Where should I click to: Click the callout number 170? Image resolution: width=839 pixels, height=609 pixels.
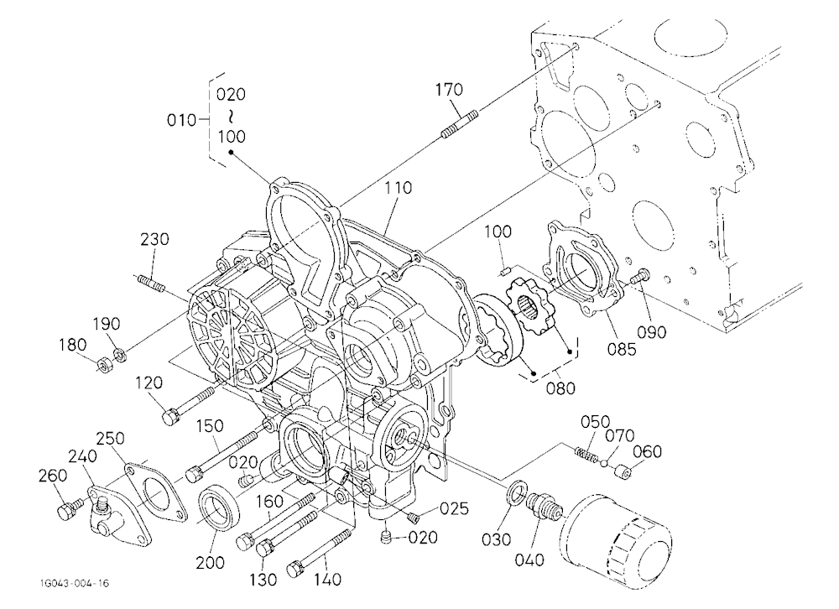[x=449, y=90]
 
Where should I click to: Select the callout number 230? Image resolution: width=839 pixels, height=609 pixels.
[x=154, y=239]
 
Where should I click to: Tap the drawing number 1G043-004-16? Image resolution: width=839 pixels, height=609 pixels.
[x=74, y=583]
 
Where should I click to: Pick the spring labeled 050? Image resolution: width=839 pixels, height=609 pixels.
[x=587, y=454]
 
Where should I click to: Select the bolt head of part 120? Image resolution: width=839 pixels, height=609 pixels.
[x=170, y=415]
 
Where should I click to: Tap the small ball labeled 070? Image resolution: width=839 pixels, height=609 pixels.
[x=604, y=462]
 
